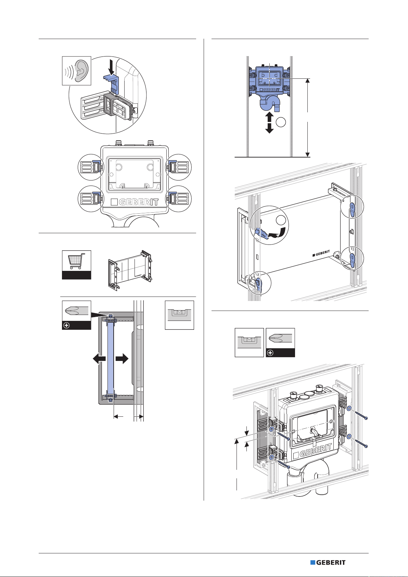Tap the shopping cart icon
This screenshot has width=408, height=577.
coord(76,261)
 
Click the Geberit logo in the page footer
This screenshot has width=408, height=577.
coord(328,562)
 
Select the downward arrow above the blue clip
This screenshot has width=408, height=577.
coord(111,66)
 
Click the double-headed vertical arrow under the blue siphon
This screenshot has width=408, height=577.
coord(269,122)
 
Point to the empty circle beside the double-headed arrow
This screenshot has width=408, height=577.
coord(281,122)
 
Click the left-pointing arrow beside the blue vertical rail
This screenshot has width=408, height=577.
coord(99,358)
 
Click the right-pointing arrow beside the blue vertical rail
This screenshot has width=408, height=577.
coord(122,358)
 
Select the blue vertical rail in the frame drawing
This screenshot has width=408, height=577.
coord(111,358)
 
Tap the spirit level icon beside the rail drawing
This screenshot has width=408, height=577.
coord(179,315)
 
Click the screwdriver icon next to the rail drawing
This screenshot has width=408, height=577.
coord(76,315)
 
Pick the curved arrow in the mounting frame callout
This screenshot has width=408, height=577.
coord(277,233)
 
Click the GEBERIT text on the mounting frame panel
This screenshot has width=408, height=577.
coord(321,253)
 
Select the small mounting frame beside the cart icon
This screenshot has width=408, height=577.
coord(130,270)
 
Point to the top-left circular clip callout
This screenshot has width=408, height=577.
coord(91,167)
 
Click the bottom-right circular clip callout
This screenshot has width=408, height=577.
coord(178,199)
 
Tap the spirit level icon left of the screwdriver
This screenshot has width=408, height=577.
coord(249,342)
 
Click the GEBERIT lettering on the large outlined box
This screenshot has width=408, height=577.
coord(135,202)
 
